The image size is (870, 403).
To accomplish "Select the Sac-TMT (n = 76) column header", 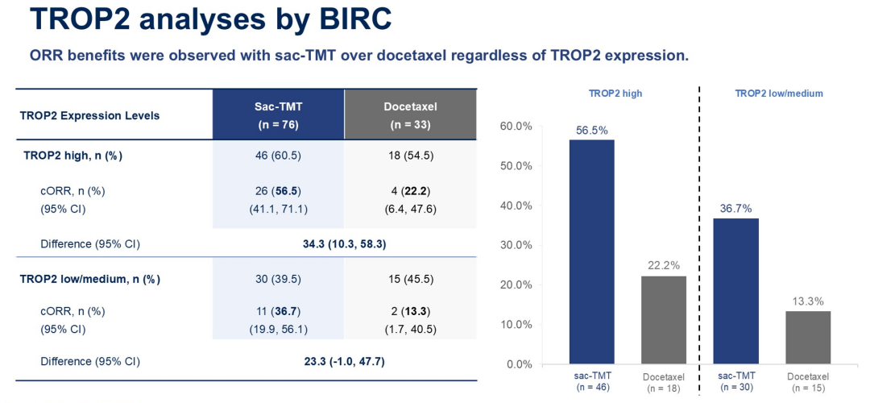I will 278,115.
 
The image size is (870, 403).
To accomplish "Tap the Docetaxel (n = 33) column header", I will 410,115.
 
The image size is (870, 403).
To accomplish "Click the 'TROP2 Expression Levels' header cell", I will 89,115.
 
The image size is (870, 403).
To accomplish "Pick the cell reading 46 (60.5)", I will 278,156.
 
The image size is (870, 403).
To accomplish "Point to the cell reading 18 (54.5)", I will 410,156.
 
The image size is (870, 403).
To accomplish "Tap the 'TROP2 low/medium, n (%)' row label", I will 90,280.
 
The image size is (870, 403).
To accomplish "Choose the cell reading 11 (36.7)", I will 278,311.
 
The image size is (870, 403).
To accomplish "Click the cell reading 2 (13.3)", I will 410,311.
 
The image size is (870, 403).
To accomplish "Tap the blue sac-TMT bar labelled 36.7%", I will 736,291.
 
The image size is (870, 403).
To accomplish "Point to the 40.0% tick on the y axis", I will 516,206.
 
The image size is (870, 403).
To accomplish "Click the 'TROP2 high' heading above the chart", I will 615,93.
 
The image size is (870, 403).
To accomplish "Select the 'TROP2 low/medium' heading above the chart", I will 779,93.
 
